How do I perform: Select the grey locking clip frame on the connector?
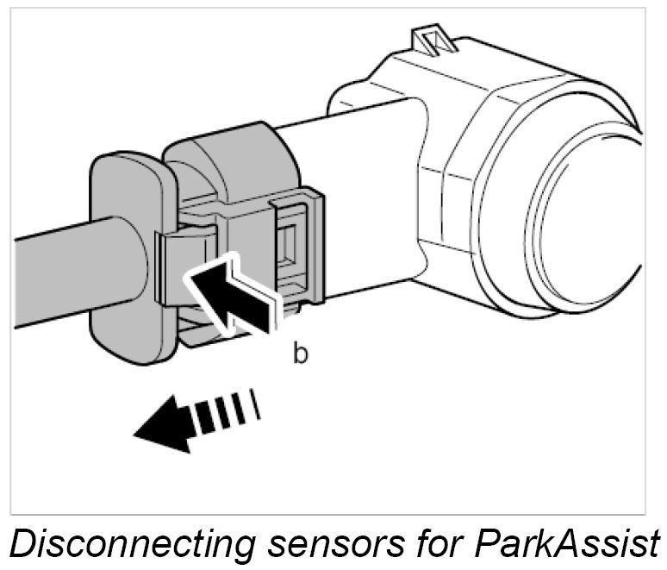coord(302,250)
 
